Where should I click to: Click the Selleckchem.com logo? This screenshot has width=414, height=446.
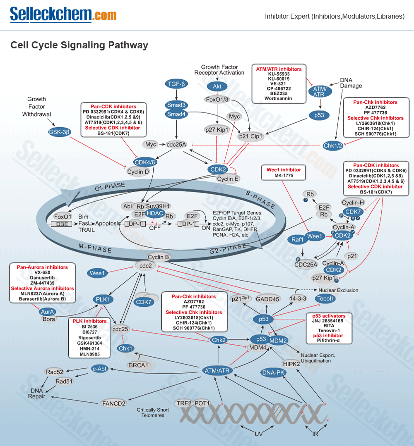63,15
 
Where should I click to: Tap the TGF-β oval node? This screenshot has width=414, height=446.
177,84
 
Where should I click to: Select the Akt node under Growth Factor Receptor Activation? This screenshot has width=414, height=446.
217,86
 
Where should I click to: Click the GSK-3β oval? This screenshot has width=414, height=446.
59,132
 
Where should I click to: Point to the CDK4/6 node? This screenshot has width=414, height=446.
145,162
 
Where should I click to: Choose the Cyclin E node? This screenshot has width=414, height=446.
228,179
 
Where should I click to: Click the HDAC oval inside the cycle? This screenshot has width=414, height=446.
155,213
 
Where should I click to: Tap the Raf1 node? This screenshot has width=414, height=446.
297,239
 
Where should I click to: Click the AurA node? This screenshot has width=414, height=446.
48,312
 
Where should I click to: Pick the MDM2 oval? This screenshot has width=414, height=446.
278,341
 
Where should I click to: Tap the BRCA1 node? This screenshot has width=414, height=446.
138,365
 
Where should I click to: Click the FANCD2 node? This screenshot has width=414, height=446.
114,403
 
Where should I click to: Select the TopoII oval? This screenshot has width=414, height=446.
325,299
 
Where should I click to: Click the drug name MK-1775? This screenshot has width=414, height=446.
283,176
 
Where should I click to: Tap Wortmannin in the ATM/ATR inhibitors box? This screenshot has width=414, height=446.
278,98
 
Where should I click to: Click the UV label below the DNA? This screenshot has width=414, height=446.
259,434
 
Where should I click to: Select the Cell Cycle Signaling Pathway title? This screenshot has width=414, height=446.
79,45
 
